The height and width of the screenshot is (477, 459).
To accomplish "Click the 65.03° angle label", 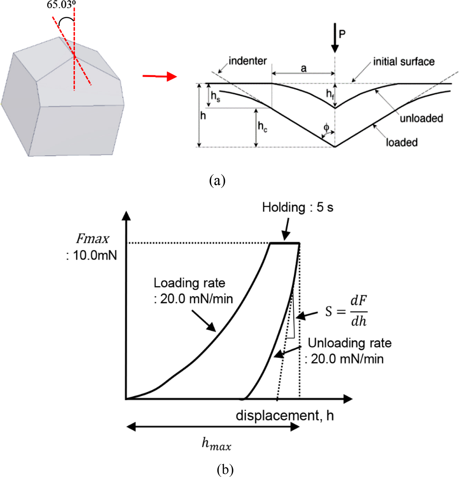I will [61, 5].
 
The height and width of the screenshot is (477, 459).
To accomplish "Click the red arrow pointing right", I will [160, 76].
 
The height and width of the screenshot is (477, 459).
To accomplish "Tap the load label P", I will [342, 34].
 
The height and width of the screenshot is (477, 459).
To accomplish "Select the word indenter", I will [248, 61].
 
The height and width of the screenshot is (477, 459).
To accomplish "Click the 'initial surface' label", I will [403, 62].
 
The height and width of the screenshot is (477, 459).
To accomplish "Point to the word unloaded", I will [421, 118].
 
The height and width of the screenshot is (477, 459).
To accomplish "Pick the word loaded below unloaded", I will [401, 142].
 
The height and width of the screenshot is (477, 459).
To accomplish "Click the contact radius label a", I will [303, 68].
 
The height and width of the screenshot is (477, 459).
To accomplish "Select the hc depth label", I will [262, 127].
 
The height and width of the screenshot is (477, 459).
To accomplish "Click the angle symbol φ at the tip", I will [326, 128].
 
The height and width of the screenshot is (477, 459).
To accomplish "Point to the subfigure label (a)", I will [217, 180].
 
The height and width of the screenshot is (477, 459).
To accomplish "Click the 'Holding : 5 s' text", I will [298, 207].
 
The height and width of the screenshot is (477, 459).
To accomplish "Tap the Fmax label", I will [92, 238].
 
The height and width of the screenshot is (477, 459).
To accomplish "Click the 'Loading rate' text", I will [189, 283].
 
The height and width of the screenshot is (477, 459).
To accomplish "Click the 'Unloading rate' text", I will [349, 343].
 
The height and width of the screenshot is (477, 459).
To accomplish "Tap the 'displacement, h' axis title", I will [285, 416].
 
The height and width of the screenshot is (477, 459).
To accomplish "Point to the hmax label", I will [216, 444].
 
